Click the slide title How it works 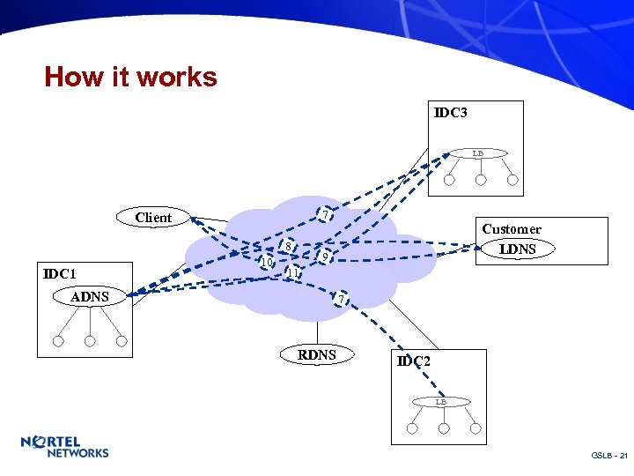coord(130,78)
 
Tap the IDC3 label coord(450,113)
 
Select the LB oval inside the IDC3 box coord(476,153)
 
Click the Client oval coord(153,217)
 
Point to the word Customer coord(512,229)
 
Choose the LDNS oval coord(517,249)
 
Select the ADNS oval coord(90,297)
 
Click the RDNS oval coord(317,355)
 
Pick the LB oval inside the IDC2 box coord(441,402)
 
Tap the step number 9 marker coord(325,257)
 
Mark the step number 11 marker coord(294,273)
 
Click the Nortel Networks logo coord(64,447)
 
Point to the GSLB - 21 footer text coord(609,456)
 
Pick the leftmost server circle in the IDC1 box coord(58,341)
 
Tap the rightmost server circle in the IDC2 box coord(475,428)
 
